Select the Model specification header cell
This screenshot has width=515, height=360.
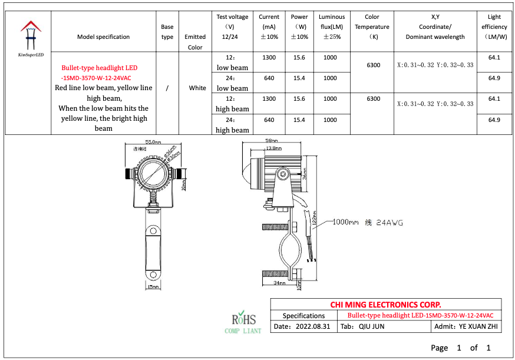[103, 37]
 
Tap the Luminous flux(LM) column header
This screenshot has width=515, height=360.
[332, 27]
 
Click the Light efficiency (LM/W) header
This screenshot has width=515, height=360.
[494, 27]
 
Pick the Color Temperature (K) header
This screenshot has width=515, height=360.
[372, 27]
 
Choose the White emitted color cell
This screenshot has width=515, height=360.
[197, 88]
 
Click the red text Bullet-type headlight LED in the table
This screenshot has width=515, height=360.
[99, 68]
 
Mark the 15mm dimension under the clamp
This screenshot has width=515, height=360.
[153, 287]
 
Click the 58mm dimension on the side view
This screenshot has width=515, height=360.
[272, 141]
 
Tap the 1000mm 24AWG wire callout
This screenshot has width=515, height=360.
[368, 222]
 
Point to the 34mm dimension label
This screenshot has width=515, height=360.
[279, 283]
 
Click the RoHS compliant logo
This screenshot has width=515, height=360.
[243, 322]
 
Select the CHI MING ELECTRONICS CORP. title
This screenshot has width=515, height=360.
[385, 305]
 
